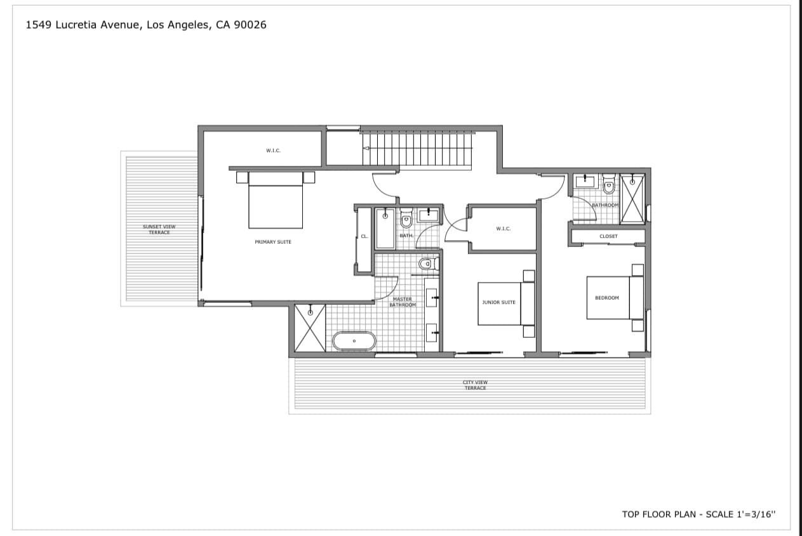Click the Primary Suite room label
pyautogui.click(x=273, y=242)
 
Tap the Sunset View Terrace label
pyautogui.click(x=159, y=229)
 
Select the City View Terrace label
pyautogui.click(x=475, y=385)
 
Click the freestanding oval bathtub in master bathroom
pyautogui.click(x=354, y=342)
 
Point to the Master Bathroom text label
pyautogui.click(x=402, y=302)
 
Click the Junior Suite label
pyautogui.click(x=499, y=302)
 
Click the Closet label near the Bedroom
pyautogui.click(x=608, y=236)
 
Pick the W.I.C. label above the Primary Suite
pyautogui.click(x=273, y=151)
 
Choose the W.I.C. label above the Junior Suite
pyautogui.click(x=504, y=229)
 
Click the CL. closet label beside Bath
pyautogui.click(x=364, y=236)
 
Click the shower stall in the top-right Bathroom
pyautogui.click(x=632, y=199)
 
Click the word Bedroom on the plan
pyautogui.click(x=606, y=298)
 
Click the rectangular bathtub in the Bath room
pyautogui.click(x=385, y=229)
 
